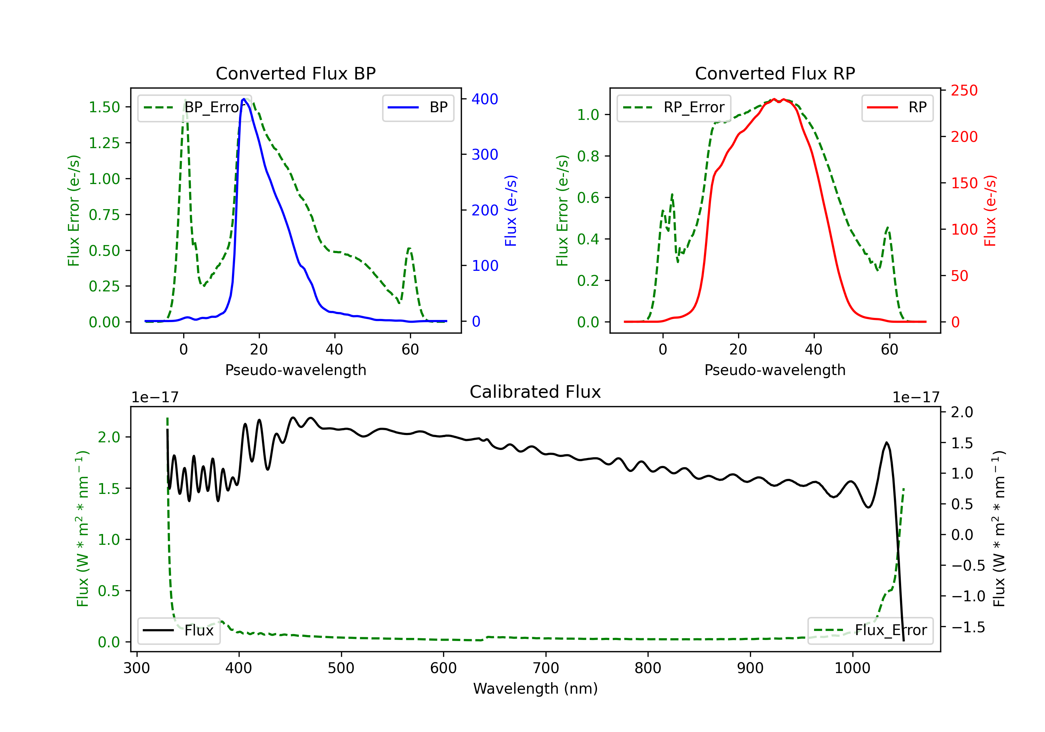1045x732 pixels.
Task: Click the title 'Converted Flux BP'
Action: click(x=295, y=73)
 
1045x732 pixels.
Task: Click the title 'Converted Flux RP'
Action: click(x=775, y=73)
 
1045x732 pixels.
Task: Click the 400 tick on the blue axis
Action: click(x=485, y=99)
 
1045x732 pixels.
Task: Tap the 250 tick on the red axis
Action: click(x=964, y=91)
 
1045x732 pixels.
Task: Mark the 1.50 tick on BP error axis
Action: click(x=104, y=107)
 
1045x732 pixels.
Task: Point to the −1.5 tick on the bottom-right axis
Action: click(x=968, y=627)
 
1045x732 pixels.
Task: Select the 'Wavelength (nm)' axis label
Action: click(x=535, y=688)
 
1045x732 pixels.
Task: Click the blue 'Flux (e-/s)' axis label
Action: click(x=511, y=211)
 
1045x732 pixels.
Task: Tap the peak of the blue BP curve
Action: click(x=244, y=99)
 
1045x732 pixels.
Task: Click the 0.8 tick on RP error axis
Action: click(x=588, y=156)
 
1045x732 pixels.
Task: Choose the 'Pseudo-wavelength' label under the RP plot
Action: click(x=775, y=370)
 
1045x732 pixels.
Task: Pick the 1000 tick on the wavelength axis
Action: click(x=852, y=668)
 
